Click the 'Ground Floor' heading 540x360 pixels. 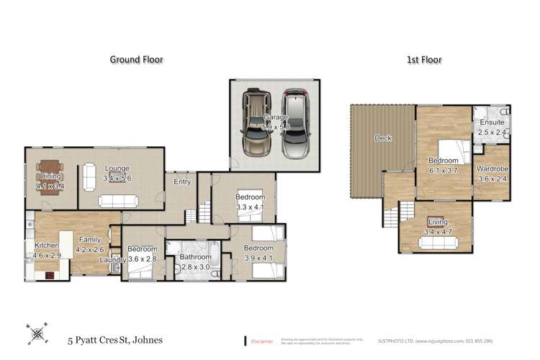tap(136, 60)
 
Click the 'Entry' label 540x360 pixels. tap(182, 181)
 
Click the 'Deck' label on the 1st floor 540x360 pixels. tap(382, 138)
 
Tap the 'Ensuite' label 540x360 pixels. tap(492, 122)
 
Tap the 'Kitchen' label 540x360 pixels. tap(47, 246)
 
